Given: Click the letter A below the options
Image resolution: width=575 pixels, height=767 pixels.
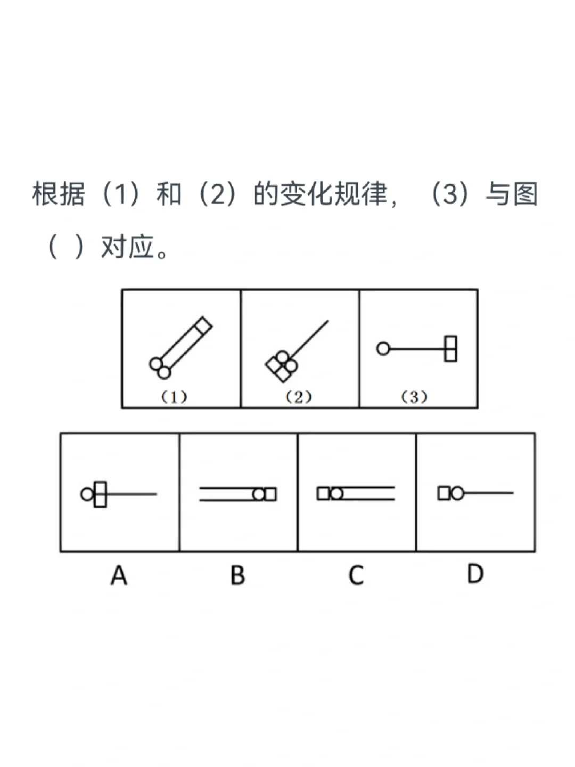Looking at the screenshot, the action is pos(119,575).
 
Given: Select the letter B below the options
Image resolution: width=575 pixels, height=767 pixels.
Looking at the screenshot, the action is pos(237,575).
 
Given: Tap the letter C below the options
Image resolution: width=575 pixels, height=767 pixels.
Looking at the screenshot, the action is pos(356,575).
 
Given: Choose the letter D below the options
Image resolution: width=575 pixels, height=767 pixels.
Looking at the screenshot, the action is pos(475,574).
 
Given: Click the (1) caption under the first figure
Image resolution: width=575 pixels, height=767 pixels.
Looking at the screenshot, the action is pos(174,397).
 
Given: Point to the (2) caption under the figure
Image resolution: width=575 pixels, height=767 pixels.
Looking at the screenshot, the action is pos(298,397).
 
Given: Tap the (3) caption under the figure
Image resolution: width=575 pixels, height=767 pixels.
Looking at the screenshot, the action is pos(414,397).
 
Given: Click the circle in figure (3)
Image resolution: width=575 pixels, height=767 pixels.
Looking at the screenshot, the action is pos(383,349).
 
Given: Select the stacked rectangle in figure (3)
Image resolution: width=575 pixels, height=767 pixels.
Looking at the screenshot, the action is pos(450,349).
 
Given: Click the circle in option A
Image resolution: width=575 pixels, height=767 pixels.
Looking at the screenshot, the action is pos(87,494).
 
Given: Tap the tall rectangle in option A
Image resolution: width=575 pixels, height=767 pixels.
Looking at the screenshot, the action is pos(100,494).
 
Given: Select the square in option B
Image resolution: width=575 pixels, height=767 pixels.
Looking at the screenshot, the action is pos(270,494).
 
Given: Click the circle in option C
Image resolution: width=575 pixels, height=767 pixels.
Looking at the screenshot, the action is pos(336,494).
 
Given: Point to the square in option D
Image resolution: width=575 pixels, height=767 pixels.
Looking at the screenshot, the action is pos(443,493).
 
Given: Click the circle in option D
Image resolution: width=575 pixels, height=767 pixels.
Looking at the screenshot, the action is pos(457,493).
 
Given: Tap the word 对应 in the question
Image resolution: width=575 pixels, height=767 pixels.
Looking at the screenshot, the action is pos(128,247).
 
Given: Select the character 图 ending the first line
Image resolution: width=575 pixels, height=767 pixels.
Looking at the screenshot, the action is pos(524,194).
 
